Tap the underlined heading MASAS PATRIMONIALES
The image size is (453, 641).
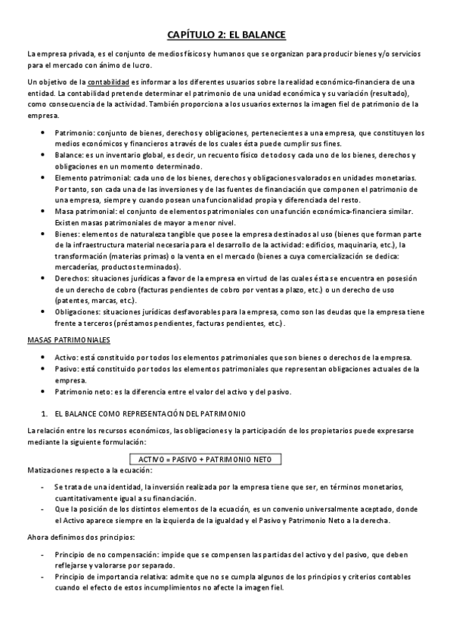[x=68, y=340]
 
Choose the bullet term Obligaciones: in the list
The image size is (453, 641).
[x=79, y=312]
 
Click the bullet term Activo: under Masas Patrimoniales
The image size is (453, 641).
[x=67, y=358]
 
